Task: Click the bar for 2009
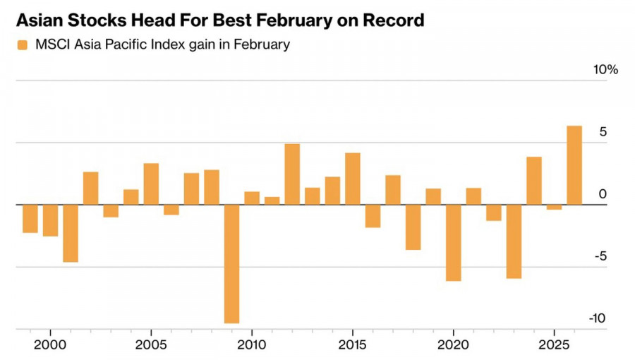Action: pos(232,263)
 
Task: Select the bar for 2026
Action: pos(574,165)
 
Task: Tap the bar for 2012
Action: pos(292,174)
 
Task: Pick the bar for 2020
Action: pos(453,242)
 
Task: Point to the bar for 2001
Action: pos(71,233)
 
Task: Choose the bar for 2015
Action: pos(353,179)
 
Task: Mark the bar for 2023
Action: pos(514,241)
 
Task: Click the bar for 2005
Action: pos(151,184)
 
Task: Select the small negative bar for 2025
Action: pos(554,207)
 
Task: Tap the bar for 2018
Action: pos(413,227)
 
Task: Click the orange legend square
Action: pos(23,45)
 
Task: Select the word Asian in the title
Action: pos(42,20)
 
